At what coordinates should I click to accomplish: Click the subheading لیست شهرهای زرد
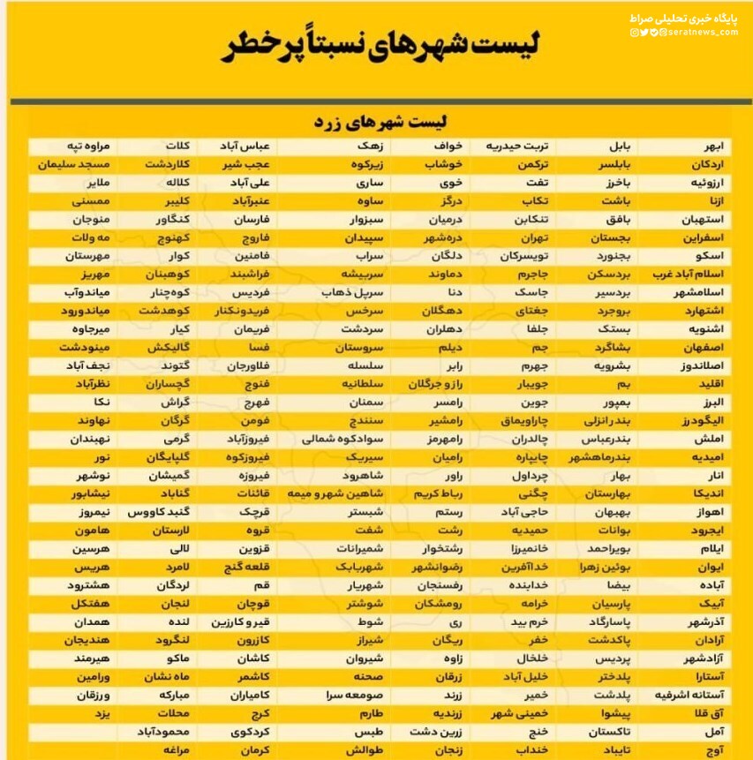pos(380,121)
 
